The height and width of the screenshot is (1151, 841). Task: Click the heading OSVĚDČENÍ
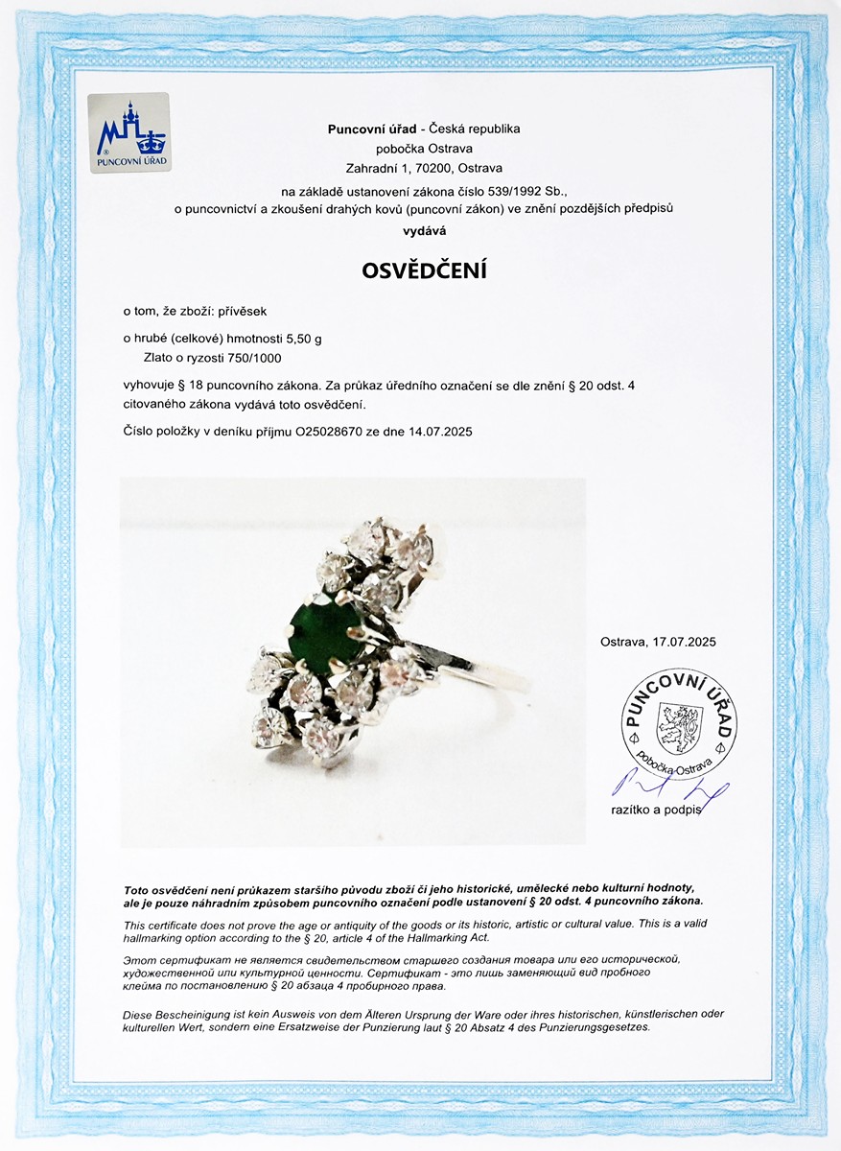coord(424,270)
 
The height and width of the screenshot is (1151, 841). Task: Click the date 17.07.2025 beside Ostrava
coord(684,642)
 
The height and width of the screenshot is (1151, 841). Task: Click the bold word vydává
coord(424,230)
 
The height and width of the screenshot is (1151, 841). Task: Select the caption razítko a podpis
coord(657,810)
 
